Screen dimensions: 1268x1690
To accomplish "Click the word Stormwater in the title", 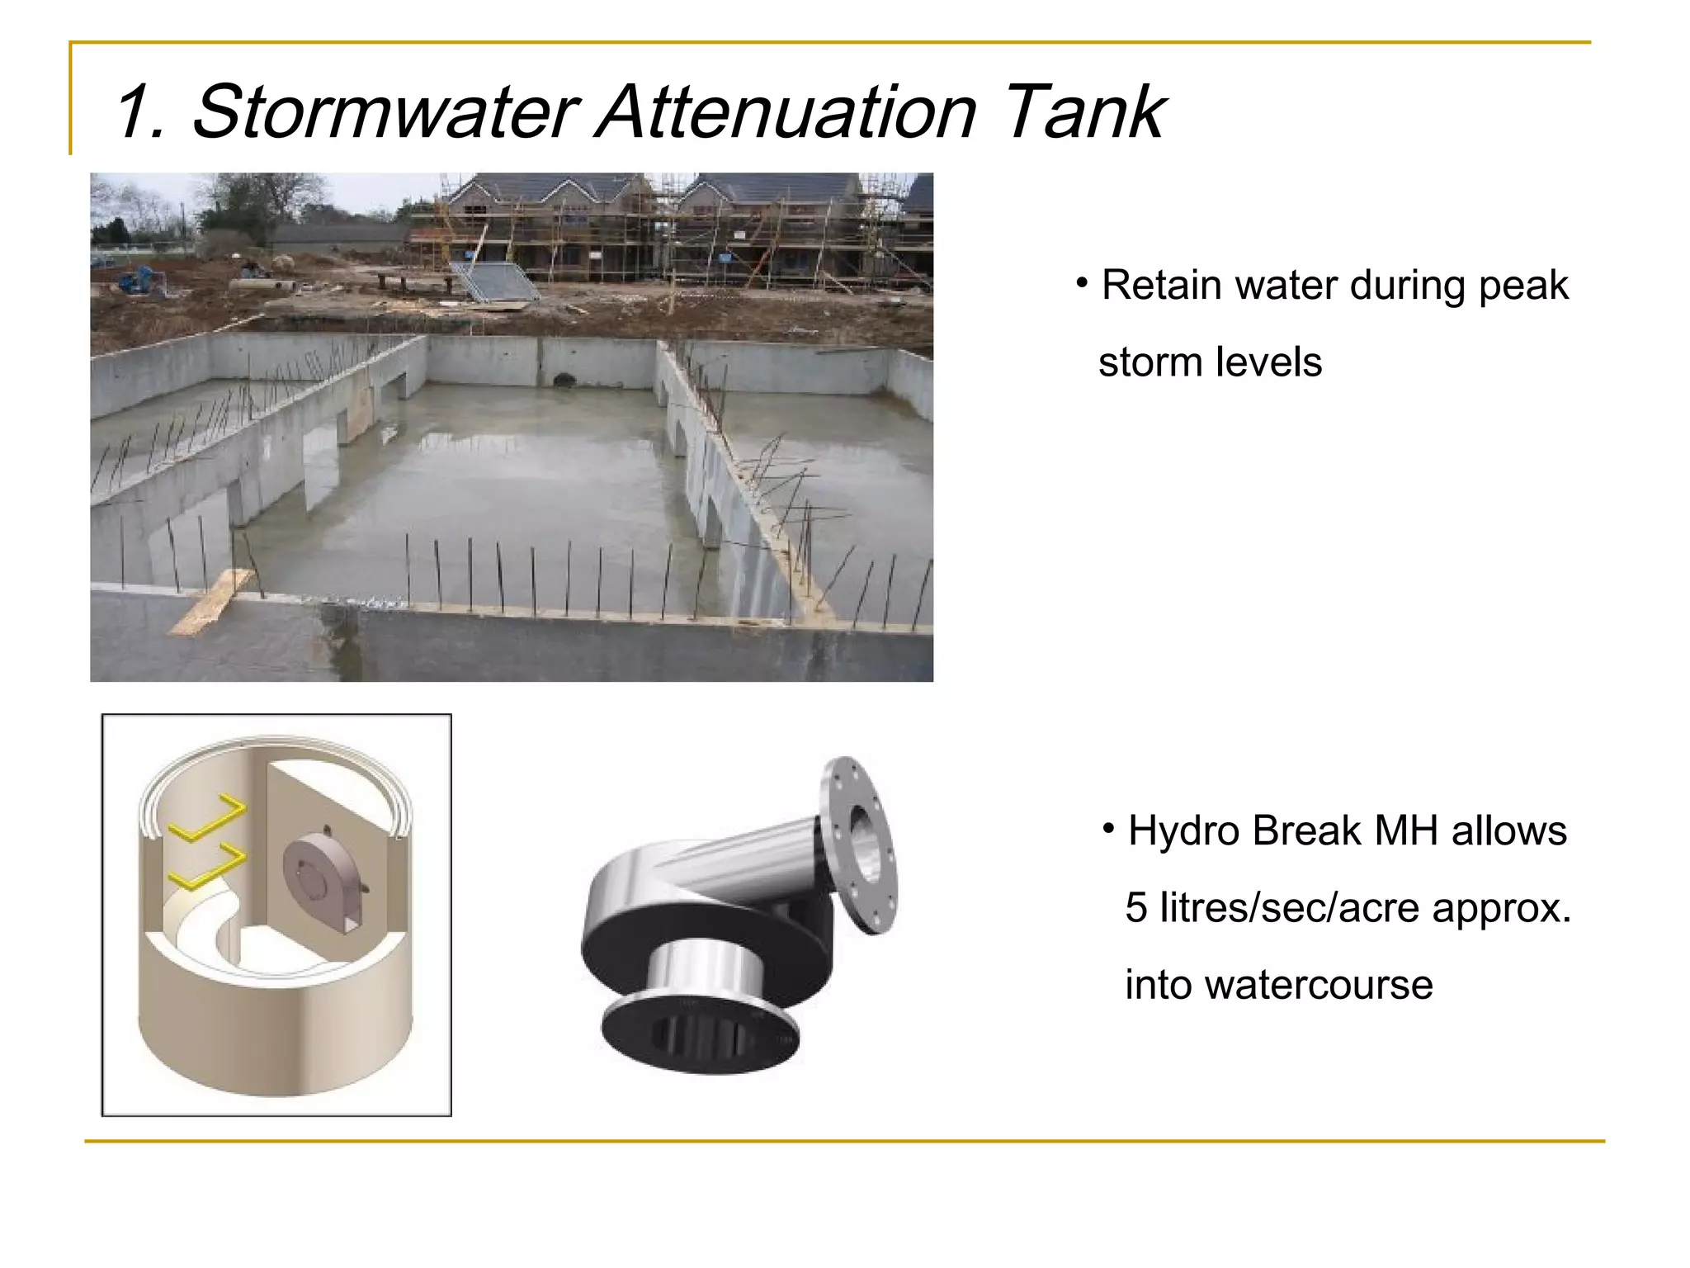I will coord(385,112).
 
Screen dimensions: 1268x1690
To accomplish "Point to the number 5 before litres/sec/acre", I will coord(1136,908).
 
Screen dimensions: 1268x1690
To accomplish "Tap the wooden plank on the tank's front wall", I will coord(211,602).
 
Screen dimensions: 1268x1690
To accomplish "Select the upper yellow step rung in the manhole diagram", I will coord(207,818).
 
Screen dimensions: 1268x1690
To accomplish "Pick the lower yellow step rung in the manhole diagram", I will coord(207,867).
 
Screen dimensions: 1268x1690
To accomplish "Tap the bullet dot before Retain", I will coord(1082,283).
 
